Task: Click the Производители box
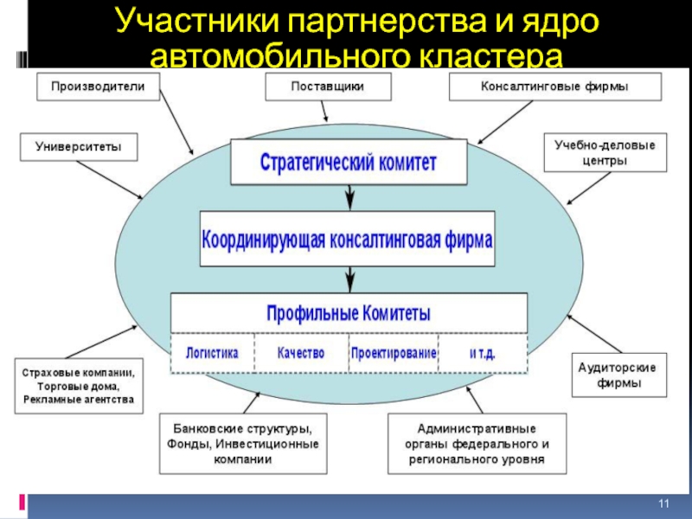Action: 97,86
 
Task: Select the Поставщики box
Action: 327,86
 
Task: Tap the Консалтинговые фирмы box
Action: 554,86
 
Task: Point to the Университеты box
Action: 79,146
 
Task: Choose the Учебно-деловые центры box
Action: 605,152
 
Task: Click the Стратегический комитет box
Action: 349,162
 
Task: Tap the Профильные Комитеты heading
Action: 349,312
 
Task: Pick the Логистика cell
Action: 213,354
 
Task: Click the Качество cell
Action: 301,354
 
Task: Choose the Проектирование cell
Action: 394,354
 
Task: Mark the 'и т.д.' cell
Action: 483,354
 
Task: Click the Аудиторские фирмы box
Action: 617,375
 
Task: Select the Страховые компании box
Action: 79,386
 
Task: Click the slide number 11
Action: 664,504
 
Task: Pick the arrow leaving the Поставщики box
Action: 325,112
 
